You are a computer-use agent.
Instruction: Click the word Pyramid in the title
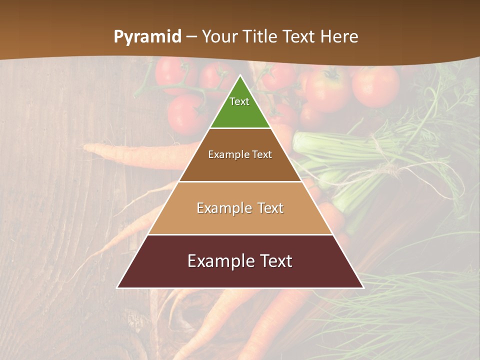147,37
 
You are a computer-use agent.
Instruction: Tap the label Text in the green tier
239,101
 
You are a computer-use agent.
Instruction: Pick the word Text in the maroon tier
274,261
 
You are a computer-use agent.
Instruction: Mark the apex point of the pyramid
240,75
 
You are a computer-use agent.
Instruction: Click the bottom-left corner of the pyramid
117,287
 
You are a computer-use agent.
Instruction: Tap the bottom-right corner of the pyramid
363,287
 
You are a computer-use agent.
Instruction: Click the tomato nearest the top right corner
375,86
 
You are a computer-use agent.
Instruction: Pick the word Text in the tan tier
270,208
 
